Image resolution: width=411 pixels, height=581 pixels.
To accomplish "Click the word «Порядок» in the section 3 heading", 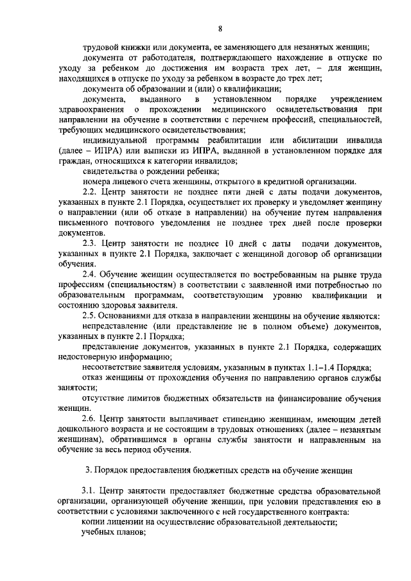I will pyautogui.click(x=114, y=470).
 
